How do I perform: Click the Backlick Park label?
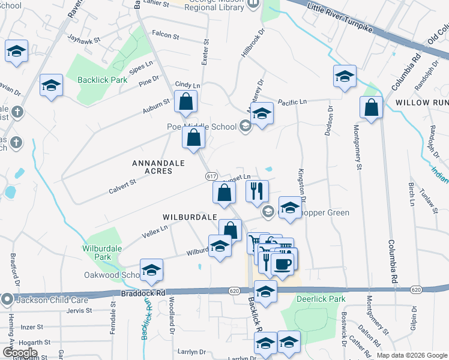103,79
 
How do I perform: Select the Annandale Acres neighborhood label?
152,167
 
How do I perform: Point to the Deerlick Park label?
320,298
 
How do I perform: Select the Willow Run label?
422,103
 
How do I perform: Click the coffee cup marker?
282,263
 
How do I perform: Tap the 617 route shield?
211,176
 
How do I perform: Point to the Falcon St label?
166,36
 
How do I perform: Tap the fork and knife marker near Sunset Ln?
257,191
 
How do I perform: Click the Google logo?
20,353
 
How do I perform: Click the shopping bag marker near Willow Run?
372,108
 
